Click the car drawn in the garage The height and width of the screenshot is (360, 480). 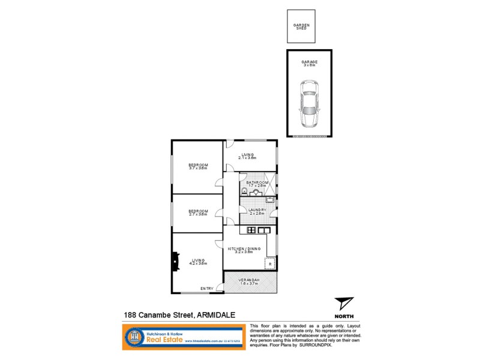coord(310,107)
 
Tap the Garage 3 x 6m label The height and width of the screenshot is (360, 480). coord(310,63)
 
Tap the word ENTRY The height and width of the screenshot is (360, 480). coord(206,289)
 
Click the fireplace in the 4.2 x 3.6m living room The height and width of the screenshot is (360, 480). coord(175,261)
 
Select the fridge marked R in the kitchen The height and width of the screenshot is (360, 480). coord(270,263)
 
